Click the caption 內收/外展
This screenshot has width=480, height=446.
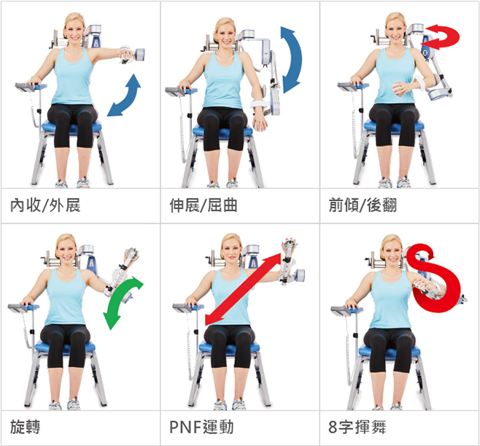pos(45,205)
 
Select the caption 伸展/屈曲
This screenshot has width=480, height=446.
pos(204,205)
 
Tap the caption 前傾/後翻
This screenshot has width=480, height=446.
pos(363,205)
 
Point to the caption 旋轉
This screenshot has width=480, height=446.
pos(25,427)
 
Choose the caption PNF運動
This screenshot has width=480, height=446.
pos(201,427)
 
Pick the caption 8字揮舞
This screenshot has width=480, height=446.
pos(357,427)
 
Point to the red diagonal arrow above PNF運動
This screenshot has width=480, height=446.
pos(243,289)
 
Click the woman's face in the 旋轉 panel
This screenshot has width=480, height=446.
pos(66,250)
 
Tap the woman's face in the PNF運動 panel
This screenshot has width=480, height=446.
pos(231,250)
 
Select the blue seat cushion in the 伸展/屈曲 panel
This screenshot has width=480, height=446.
pos(222,131)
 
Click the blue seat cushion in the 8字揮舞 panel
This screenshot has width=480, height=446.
pos(389,350)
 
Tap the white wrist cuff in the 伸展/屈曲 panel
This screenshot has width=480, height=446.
pos(260,104)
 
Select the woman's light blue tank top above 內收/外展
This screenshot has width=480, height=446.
pos(73,77)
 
